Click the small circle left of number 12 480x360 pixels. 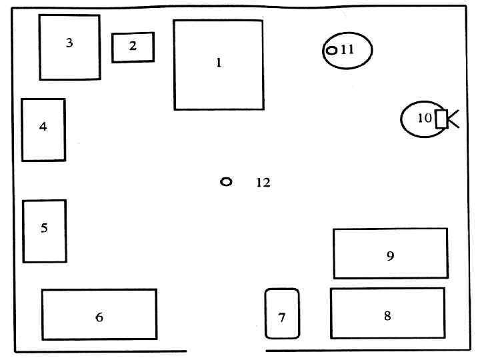click(x=226, y=181)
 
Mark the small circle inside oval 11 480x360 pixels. click(x=331, y=50)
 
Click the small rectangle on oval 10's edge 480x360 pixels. click(x=441, y=119)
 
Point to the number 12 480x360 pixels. click(x=263, y=183)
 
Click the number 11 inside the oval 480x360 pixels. click(x=347, y=49)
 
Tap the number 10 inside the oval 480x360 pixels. click(x=425, y=119)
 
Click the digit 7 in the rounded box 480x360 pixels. click(x=282, y=318)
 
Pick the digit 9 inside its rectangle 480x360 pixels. click(x=391, y=255)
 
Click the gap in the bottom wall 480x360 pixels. click(x=226, y=351)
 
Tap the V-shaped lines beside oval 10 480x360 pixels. click(x=453, y=119)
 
